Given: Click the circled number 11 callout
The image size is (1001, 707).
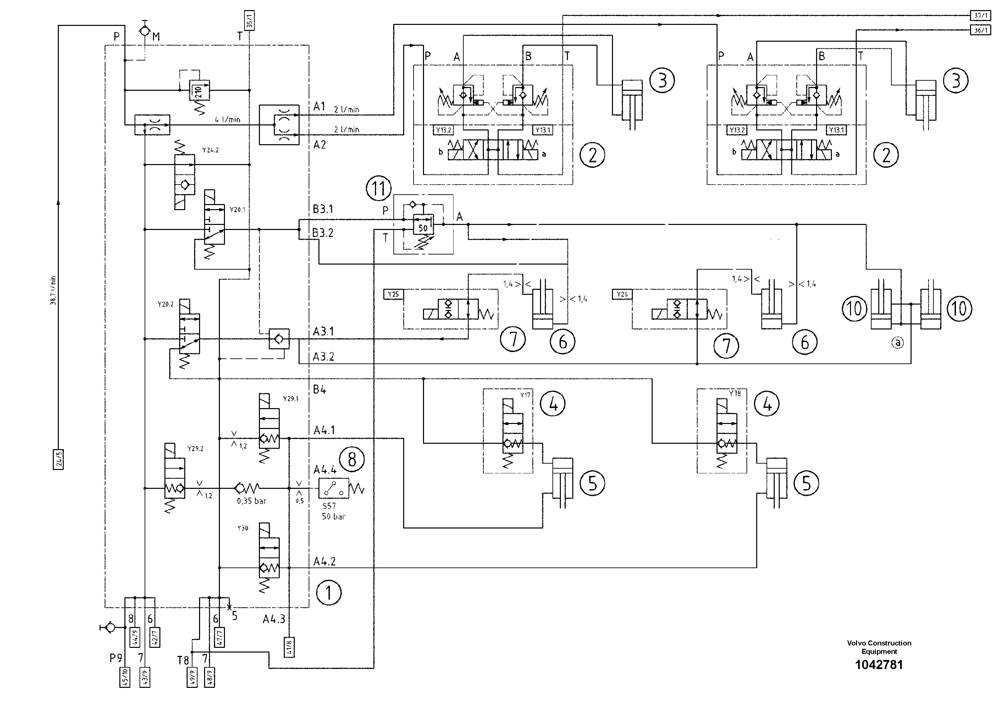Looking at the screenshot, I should coord(378,188).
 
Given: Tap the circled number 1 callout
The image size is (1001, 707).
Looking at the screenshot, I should coord(328,592).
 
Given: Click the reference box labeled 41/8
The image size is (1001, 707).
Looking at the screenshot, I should coord(290,647).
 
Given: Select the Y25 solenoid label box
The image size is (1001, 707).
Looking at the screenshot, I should coord(393,294).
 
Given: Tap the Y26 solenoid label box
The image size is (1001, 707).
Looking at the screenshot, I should coord(622,294).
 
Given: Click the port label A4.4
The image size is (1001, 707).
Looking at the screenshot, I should coord(325,469).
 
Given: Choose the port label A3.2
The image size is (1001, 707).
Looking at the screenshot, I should coord(323,357).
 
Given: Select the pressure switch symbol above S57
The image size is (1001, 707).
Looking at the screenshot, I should coord(334,488).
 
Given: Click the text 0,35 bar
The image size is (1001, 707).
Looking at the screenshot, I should coord(252,501).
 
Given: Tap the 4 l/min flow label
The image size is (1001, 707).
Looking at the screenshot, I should coord(227,119).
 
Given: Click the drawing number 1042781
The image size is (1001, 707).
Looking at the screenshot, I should coord(879,664).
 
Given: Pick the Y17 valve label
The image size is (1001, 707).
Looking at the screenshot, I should coord(525,395).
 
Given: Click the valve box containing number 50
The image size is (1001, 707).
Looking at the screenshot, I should coord(423,225).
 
